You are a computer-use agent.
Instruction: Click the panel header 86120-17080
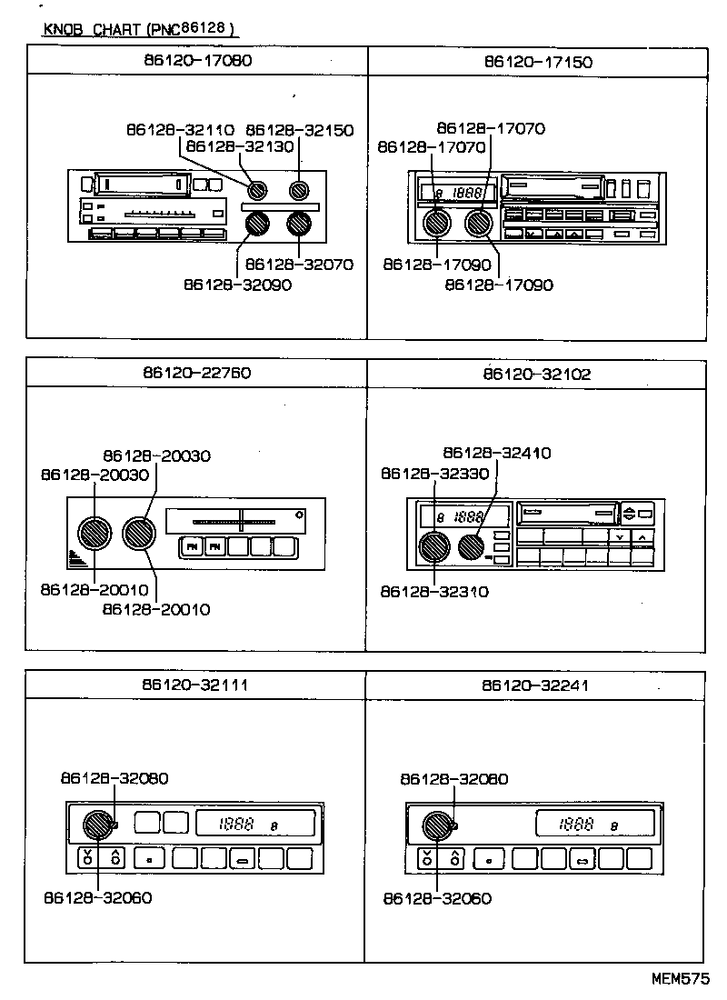(197, 62)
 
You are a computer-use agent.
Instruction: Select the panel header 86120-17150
(538, 62)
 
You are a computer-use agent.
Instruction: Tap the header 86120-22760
(197, 373)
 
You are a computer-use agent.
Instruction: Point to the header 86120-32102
(538, 373)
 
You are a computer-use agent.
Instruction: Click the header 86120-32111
(197, 685)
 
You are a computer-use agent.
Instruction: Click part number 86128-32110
(180, 130)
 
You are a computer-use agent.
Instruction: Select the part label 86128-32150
(300, 130)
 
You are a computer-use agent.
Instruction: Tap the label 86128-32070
(300, 265)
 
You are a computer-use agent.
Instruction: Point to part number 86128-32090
(237, 284)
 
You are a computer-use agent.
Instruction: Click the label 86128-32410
(497, 453)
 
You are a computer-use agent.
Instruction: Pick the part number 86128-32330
(435, 473)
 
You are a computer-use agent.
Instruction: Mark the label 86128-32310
(435, 591)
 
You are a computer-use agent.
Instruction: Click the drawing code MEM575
(680, 980)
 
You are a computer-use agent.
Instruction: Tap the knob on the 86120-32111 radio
(96, 825)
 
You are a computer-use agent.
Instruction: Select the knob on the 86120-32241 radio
(437, 825)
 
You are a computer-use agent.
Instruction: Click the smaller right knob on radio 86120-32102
(471, 545)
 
